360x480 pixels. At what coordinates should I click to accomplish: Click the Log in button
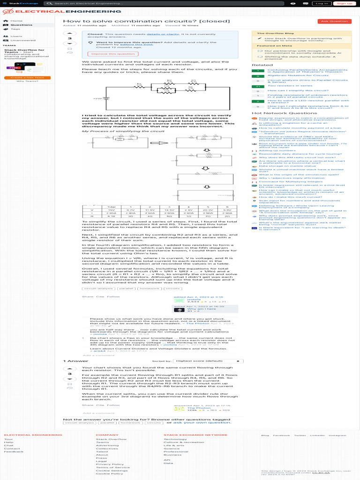322,3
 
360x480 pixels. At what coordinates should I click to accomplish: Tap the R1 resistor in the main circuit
139,86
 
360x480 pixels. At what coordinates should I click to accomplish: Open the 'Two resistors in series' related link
283,86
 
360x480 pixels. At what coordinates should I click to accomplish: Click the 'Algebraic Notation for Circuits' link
292,75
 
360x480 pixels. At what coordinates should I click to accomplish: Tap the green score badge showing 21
258,86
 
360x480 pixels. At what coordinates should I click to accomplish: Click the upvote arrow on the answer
70,368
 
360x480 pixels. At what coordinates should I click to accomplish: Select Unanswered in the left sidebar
22,40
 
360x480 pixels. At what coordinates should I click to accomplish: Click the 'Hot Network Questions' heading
277,113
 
